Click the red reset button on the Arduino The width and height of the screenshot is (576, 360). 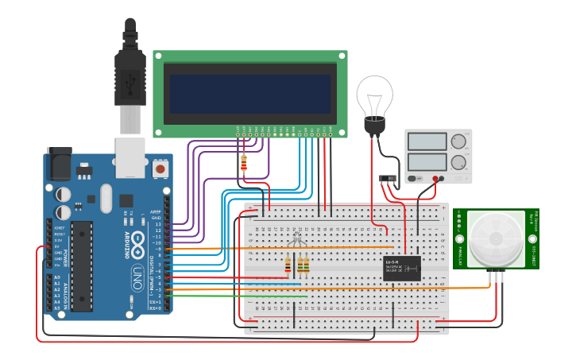pos(160,168)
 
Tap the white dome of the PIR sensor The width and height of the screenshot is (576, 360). pos(496,238)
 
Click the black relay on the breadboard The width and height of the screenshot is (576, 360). pos(402,268)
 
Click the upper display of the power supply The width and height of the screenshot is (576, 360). pos(427,142)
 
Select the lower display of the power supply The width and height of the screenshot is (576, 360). pos(427,165)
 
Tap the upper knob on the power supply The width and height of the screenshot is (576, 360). pos(458,143)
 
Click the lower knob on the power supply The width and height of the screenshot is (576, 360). pos(458,164)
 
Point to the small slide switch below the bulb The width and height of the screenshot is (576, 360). pos(389,178)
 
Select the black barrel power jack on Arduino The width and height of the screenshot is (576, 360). pos(59,164)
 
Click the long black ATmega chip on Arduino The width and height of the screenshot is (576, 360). pos(82,265)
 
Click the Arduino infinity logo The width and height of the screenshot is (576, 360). pos(137,242)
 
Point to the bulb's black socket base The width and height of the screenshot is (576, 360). pos(373,125)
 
